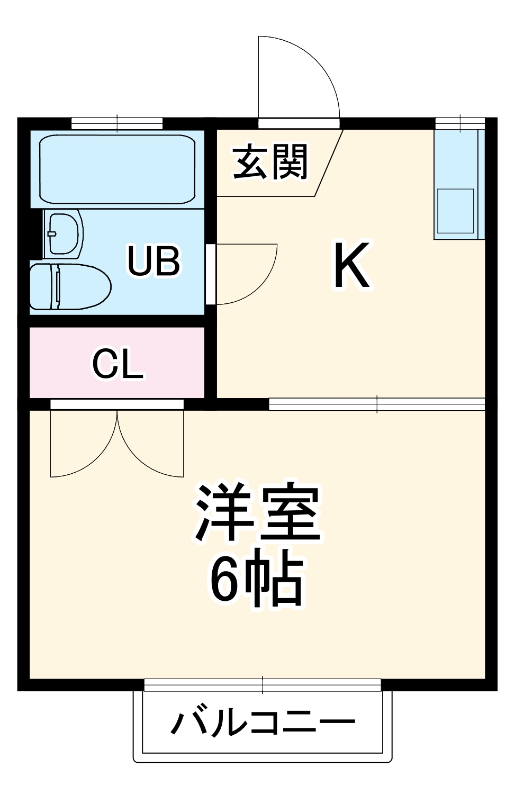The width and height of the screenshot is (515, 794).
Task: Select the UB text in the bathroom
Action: point(154,260)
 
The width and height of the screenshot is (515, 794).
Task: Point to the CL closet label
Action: point(118,365)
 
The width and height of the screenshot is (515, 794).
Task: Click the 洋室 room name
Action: point(258,512)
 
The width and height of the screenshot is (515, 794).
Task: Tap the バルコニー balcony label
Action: point(263,723)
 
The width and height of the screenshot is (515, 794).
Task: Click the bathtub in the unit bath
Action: point(118,169)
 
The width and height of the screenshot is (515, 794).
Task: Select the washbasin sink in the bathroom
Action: point(64,233)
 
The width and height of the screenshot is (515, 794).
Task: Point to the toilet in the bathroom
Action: point(69,286)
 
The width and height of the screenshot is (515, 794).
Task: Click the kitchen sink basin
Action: point(455,211)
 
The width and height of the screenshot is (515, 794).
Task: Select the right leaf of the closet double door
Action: point(151,445)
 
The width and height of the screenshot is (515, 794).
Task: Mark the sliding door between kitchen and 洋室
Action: point(377,404)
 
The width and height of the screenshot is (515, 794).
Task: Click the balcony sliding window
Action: point(263,685)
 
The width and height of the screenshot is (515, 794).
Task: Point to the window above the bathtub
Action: point(117,123)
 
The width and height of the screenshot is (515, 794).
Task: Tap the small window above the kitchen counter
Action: point(460,123)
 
